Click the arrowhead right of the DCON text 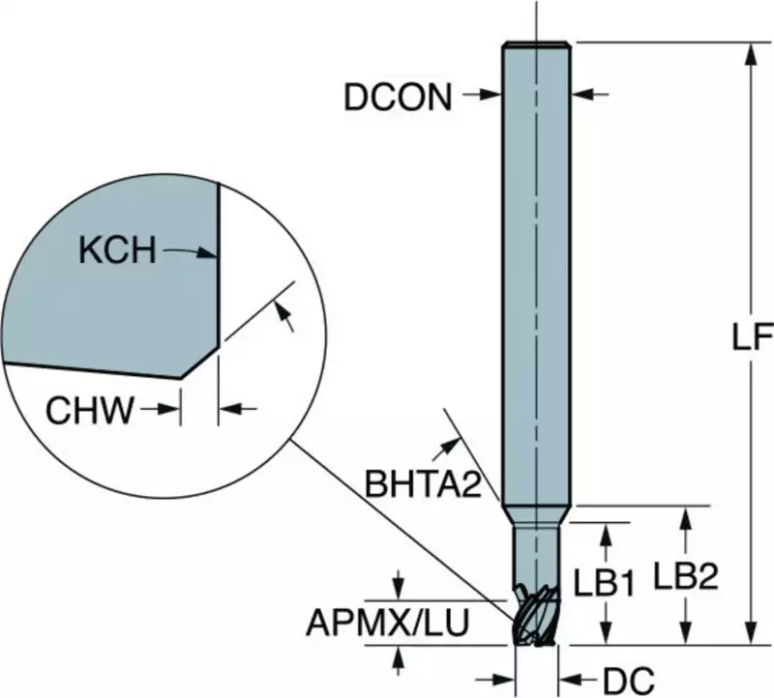point(492,95)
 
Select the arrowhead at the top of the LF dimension point(749,52)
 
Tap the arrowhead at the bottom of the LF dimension point(749,635)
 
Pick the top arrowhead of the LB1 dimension point(607,530)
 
